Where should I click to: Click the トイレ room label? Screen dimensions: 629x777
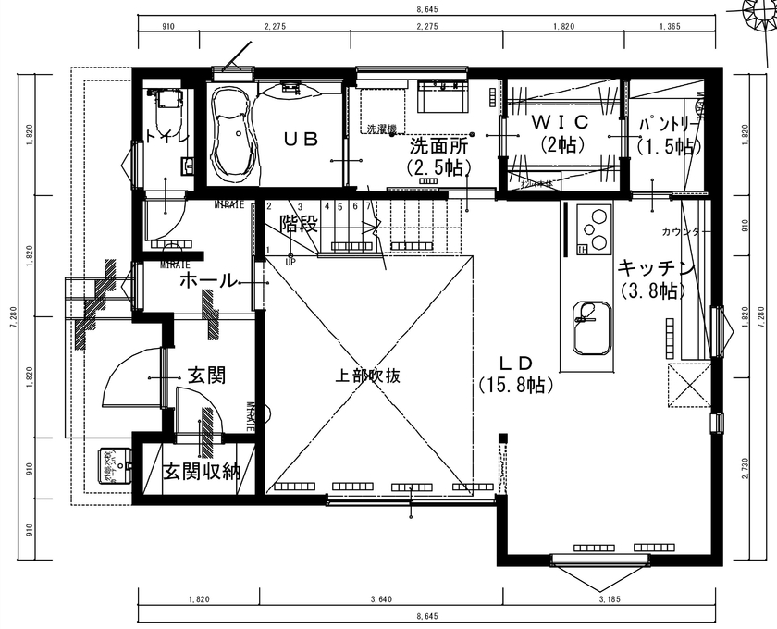[x=166, y=137]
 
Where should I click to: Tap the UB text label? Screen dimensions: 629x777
[x=301, y=140]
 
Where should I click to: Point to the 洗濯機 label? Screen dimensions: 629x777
[x=381, y=129]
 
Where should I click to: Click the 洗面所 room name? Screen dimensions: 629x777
[x=438, y=145]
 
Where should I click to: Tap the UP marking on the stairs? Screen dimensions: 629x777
[x=290, y=262]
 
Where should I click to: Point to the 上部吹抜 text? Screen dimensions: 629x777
[x=368, y=376]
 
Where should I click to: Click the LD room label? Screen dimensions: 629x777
[x=516, y=362]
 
